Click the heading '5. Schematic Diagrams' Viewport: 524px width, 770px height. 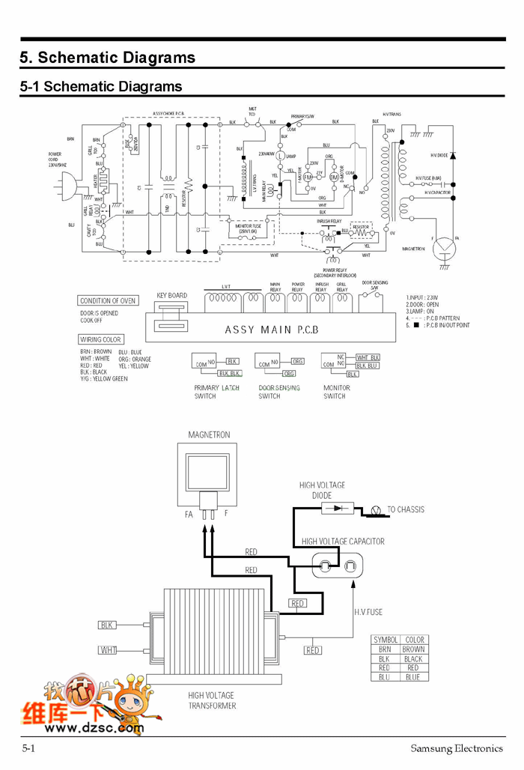tap(107, 58)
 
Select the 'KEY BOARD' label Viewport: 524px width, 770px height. tap(172, 296)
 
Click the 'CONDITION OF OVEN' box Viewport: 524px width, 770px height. tap(108, 301)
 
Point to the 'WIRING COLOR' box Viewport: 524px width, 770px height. tap(101, 339)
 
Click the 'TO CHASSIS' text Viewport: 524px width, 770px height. tap(405, 510)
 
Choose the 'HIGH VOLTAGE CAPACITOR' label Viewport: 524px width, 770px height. tap(343, 541)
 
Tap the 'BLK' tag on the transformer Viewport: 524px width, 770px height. tap(108, 625)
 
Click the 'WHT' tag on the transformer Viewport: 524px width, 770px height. tap(108, 649)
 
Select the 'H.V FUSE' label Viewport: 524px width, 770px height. tap(368, 612)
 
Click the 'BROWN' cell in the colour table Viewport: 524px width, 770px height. tap(413, 649)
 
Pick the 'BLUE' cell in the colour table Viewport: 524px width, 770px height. tap(413, 677)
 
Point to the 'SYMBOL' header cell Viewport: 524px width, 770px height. tap(385, 640)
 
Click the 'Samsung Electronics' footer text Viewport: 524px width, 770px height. tap(457, 748)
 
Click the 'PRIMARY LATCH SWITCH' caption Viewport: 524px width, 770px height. tap(216, 392)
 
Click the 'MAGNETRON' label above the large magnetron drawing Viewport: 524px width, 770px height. tap(209, 435)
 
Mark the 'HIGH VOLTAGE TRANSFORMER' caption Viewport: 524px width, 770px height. tap(212, 700)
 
